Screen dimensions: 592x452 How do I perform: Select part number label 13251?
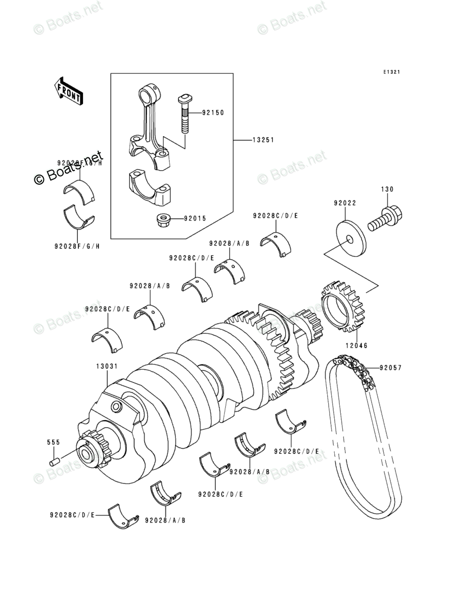click(263, 140)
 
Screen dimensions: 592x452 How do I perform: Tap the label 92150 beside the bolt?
click(213, 113)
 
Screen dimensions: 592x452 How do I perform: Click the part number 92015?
click(195, 219)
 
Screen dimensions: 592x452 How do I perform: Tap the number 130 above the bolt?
click(387, 189)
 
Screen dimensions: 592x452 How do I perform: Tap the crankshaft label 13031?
click(107, 365)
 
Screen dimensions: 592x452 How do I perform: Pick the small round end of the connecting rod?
click(149, 94)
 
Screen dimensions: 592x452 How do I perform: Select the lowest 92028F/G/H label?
click(77, 246)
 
